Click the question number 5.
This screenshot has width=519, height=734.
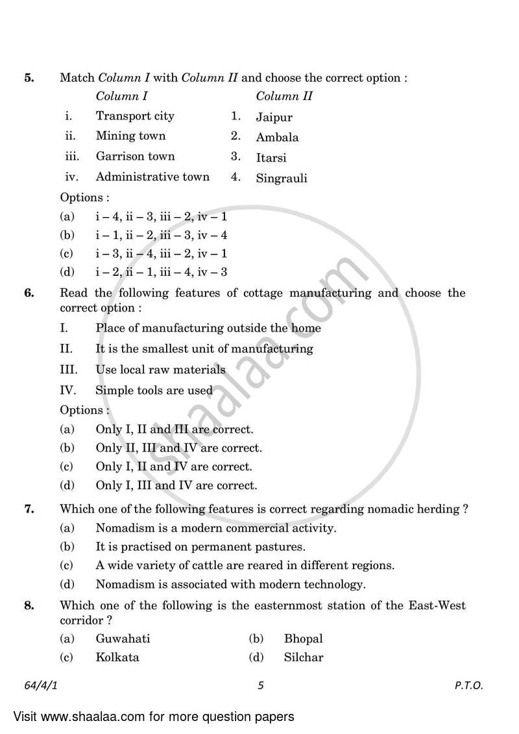[29, 78]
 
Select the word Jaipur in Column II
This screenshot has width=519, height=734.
[274, 117]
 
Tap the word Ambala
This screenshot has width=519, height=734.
[277, 138]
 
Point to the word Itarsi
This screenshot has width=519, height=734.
[271, 158]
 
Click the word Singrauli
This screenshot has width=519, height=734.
[282, 178]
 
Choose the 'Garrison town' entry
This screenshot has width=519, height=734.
[135, 156]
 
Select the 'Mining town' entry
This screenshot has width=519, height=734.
[130, 136]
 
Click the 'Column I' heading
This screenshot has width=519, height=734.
[122, 97]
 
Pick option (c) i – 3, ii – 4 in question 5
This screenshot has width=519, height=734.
[161, 254]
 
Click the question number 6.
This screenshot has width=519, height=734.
[29, 293]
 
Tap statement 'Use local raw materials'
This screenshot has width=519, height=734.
[160, 370]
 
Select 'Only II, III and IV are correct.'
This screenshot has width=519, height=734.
[178, 448]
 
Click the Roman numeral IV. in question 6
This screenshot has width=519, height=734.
[69, 391]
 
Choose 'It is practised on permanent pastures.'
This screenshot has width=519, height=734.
[200, 547]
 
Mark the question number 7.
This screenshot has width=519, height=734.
[29, 509]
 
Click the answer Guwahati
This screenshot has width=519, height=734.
[123, 639]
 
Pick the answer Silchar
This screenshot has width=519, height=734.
[303, 657]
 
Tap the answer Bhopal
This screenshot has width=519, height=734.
[303, 639]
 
